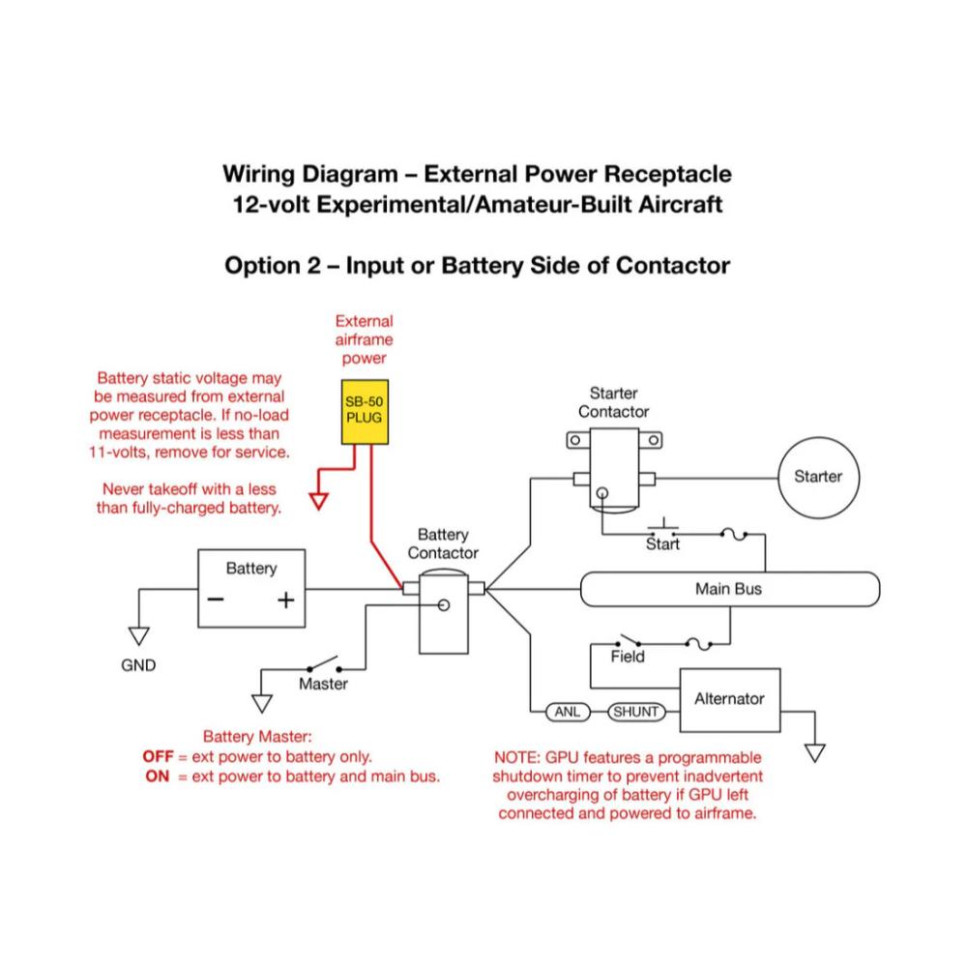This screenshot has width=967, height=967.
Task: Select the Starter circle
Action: [817, 476]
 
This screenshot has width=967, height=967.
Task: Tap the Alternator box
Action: [729, 699]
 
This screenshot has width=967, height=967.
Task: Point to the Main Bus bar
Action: [728, 588]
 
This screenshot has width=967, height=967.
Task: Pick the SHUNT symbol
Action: [635, 713]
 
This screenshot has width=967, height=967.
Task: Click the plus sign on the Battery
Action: [285, 601]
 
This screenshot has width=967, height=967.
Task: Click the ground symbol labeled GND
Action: [139, 636]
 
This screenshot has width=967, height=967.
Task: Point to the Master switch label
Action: [322, 684]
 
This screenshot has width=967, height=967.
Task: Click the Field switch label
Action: [628, 658]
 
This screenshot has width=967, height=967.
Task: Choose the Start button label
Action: [662, 544]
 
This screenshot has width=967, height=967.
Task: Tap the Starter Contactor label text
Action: [613, 402]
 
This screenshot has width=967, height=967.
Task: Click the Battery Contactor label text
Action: [443, 543]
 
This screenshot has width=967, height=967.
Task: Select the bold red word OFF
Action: [159, 756]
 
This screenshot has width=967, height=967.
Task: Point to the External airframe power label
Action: [364, 339]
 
